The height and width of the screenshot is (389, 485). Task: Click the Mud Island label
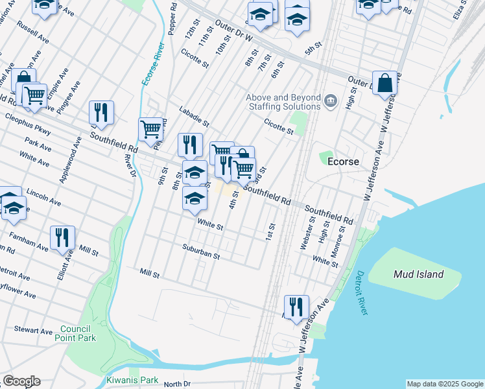click(418, 274)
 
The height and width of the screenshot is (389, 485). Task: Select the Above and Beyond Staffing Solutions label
click(283, 103)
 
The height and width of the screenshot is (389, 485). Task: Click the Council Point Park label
click(78, 333)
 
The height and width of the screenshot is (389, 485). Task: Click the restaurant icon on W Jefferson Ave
click(296, 307)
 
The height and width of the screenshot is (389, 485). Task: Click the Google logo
click(21, 381)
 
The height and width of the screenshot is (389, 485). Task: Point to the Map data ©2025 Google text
click(445, 384)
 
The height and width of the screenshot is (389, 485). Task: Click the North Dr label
click(177, 384)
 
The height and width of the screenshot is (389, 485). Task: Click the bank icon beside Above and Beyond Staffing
click(331, 100)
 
